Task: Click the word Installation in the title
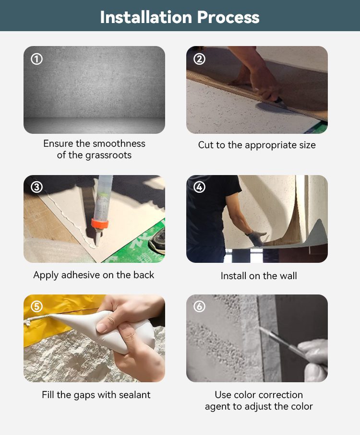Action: coord(146,17)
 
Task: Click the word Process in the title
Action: coord(228,17)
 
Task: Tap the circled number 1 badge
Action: coord(36,59)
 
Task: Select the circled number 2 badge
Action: coord(199,59)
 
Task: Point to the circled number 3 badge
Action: coord(36,187)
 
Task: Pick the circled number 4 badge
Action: coord(199,187)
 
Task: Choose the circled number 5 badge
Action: coord(36,306)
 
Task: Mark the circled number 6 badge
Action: coord(199,306)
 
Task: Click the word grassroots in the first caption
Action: coord(108,155)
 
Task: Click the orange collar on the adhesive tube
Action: coord(100,224)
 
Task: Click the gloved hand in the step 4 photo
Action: coord(256,238)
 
